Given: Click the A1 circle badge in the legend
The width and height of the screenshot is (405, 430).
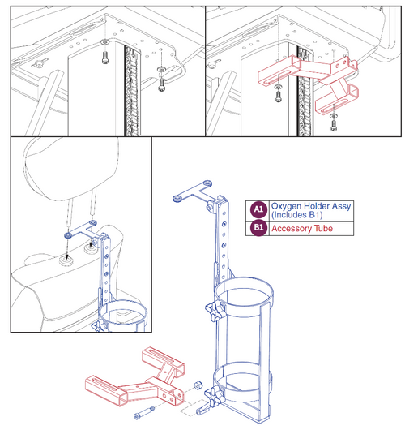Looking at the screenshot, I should coord(258,209).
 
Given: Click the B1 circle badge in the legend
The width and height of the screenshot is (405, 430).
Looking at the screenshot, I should coord(258,229).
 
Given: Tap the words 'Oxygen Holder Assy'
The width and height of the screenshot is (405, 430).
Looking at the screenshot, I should coord(309,205).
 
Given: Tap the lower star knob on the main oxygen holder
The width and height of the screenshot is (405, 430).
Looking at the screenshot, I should coord(213,398).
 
